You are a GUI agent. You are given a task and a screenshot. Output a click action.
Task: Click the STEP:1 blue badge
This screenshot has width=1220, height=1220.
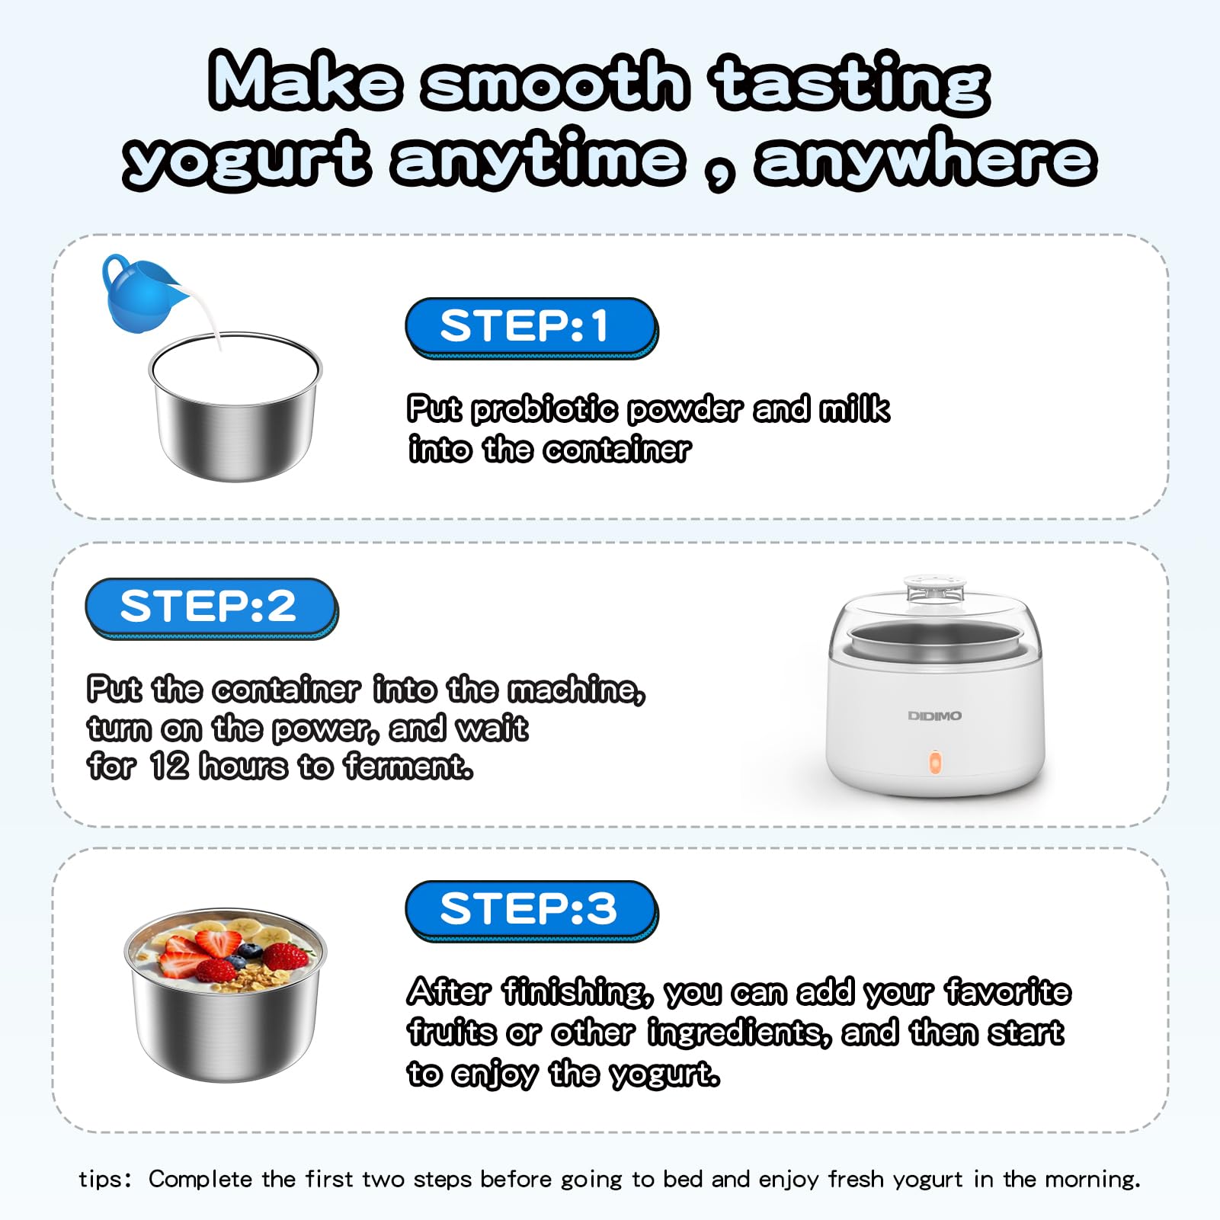point(531,328)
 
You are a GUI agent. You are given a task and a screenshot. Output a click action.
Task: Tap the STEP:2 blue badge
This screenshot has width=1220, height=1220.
point(211,608)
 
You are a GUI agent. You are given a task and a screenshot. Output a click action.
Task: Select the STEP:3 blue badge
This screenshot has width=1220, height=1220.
point(531,911)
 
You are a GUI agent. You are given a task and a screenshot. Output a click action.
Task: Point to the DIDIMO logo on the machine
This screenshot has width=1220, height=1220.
point(934,716)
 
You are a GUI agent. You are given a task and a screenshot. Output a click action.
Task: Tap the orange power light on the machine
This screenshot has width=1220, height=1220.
point(935,763)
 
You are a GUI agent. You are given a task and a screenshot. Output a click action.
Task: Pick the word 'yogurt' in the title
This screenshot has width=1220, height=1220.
point(246,160)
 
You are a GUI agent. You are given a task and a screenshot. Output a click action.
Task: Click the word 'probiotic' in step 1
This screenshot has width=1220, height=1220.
point(544,410)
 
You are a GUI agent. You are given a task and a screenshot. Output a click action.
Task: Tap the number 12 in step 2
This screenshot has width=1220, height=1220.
point(168,765)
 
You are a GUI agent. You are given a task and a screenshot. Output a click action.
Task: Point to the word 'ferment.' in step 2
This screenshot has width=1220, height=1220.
point(408,766)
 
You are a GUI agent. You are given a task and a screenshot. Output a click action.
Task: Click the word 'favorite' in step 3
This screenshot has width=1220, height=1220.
point(1007,991)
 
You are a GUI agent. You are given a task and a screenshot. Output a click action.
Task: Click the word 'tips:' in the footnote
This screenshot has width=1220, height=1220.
point(105,1179)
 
